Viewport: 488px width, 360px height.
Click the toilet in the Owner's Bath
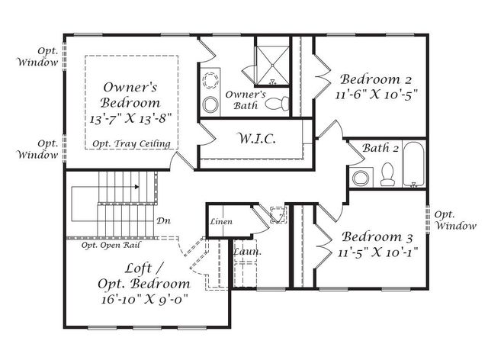point(277,104)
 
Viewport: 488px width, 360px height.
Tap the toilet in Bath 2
point(388,175)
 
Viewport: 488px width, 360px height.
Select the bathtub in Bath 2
point(413,164)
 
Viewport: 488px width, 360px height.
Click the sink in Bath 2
point(361,178)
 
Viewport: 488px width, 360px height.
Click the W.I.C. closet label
point(257,138)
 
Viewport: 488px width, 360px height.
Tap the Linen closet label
point(221,222)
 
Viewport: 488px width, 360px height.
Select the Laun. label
point(247,252)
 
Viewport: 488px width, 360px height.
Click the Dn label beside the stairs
point(163,220)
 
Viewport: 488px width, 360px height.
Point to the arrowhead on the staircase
point(136,187)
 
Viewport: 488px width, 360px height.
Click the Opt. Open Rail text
point(111,246)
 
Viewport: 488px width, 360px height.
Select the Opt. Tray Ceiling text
point(132,144)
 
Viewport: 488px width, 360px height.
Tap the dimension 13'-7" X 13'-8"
point(130,119)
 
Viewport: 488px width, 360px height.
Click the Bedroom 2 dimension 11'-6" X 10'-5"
point(376,94)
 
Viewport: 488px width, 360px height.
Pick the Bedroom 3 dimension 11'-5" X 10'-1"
point(377,252)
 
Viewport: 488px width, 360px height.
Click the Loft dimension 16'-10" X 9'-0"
point(145,299)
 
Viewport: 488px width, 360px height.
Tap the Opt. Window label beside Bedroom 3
point(455,220)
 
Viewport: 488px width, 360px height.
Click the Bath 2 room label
point(380,148)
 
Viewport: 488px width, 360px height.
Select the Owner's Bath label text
point(246,100)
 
